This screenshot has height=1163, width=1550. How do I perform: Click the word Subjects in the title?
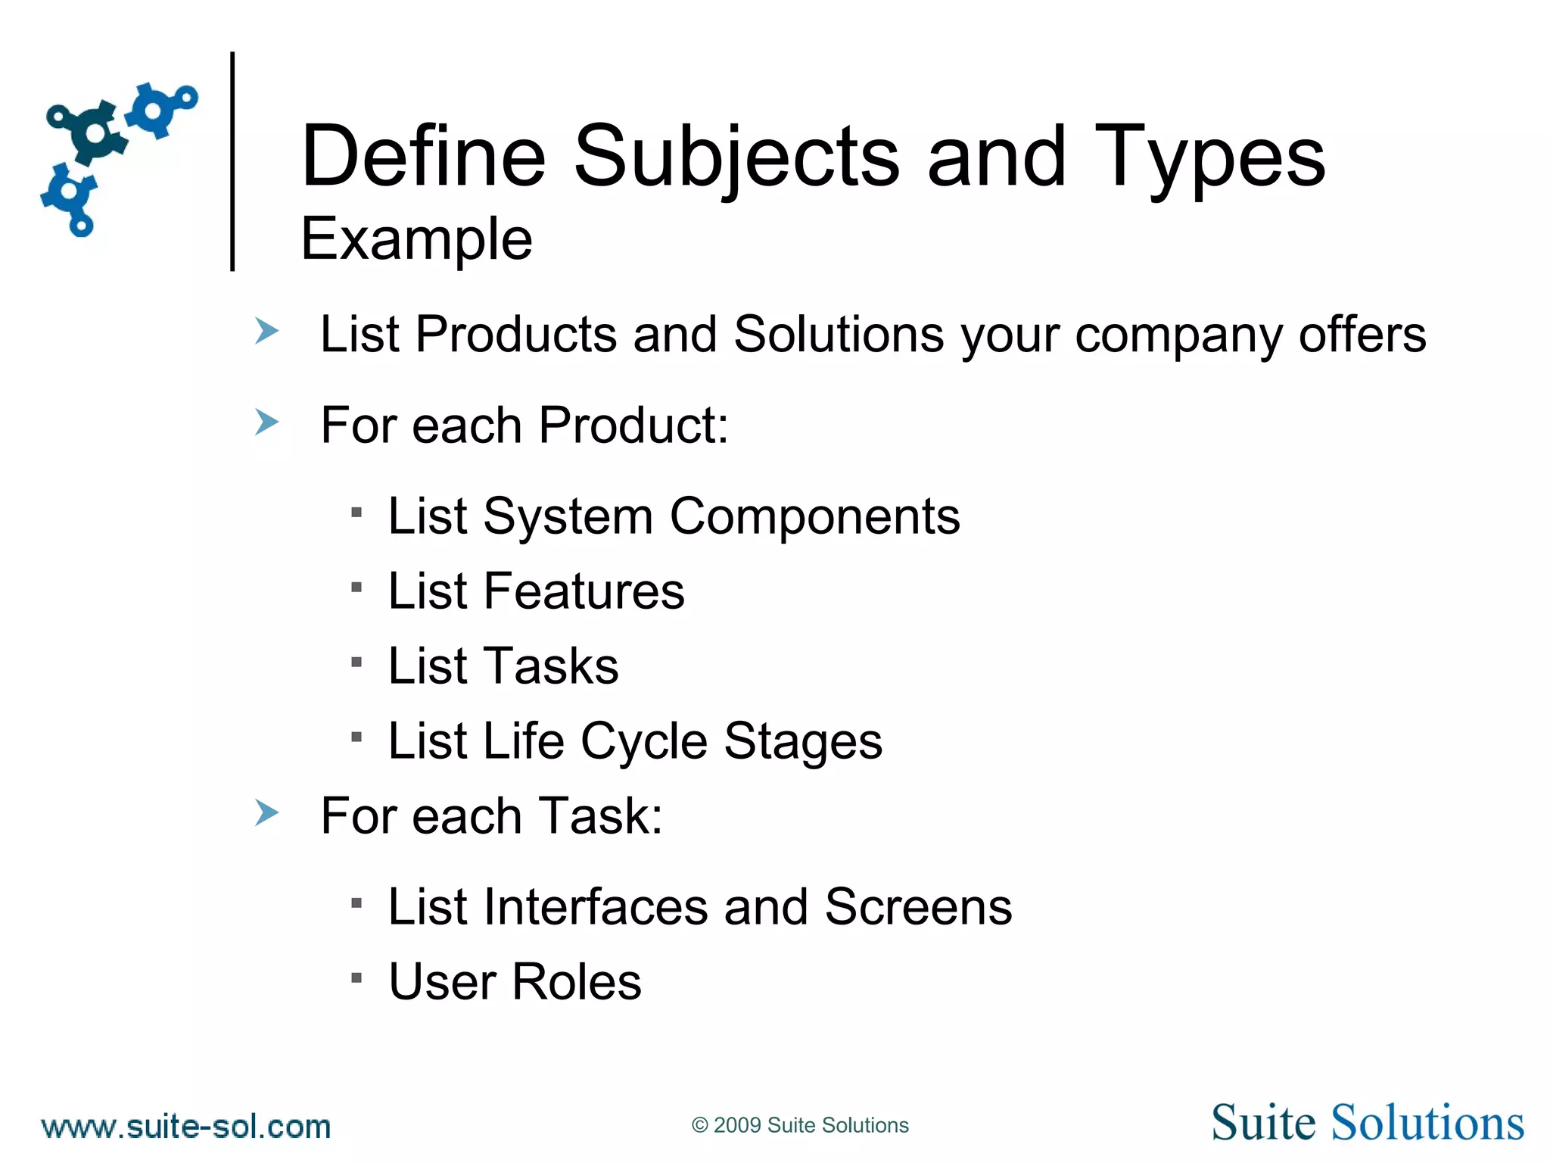[x=736, y=157]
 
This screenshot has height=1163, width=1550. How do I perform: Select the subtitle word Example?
[x=416, y=239]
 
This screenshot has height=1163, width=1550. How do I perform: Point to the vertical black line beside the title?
[x=232, y=161]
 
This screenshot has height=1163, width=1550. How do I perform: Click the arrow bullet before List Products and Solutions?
[x=266, y=332]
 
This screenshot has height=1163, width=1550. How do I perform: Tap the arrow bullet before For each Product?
[x=266, y=422]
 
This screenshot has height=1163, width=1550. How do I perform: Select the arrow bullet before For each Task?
[x=266, y=813]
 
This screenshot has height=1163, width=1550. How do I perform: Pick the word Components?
[x=814, y=516]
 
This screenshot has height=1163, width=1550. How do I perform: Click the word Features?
[x=584, y=591]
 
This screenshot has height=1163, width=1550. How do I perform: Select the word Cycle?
[x=644, y=741]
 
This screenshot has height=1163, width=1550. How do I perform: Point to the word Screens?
[x=918, y=906]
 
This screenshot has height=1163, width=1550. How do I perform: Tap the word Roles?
[x=576, y=982]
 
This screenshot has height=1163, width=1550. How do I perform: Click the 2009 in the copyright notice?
[x=736, y=1125]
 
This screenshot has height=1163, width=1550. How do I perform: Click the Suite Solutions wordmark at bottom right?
[x=1367, y=1123]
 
